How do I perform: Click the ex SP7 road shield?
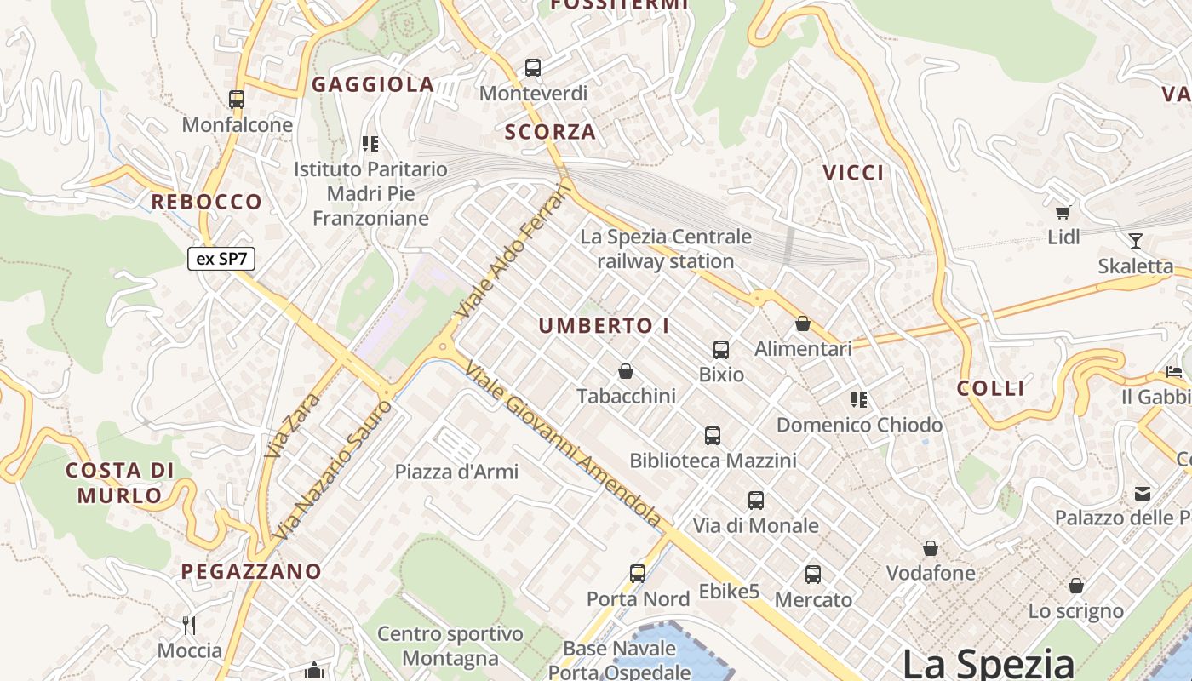(221, 259)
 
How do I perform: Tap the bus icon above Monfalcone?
(237, 100)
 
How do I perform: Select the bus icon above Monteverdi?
(533, 68)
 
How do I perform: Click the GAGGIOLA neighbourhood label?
(373, 84)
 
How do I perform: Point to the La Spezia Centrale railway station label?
(666, 249)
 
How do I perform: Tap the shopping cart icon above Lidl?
(1063, 212)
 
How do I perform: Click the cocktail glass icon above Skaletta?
(1135, 241)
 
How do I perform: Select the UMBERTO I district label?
(604, 326)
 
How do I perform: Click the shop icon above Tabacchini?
(626, 371)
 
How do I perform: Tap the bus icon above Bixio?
(721, 349)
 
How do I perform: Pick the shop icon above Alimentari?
(802, 323)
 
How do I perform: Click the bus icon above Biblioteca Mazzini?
(713, 436)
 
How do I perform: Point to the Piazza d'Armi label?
(456, 472)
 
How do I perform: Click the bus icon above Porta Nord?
(638, 574)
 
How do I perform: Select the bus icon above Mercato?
(813, 575)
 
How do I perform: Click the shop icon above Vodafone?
(931, 548)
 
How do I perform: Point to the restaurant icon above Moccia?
(189, 626)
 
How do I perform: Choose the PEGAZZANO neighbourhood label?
(251, 571)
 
